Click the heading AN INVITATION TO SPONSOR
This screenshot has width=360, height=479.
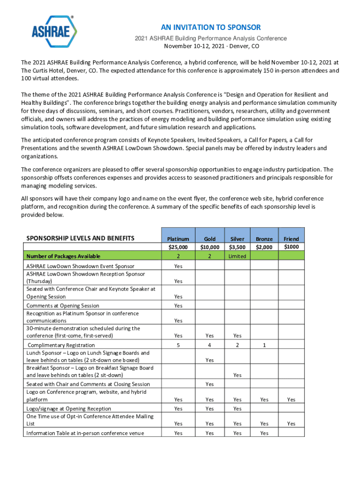click(211, 27)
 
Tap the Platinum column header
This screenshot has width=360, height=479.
click(178, 239)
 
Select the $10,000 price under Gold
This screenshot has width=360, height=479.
click(209, 247)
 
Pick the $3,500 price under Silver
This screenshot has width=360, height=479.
click(238, 247)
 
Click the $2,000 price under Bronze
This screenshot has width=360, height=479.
click(264, 247)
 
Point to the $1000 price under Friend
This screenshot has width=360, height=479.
click(291, 247)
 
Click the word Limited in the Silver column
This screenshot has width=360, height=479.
click(238, 256)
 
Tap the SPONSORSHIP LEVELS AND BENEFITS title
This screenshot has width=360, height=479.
click(80, 239)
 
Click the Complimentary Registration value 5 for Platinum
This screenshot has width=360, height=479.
click(178, 345)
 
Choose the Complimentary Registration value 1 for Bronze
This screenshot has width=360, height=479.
click(264, 345)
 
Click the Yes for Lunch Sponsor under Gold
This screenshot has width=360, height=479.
click(209, 360)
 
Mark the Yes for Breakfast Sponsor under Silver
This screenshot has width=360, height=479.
click(238, 375)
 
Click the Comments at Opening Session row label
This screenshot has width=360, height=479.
click(63, 305)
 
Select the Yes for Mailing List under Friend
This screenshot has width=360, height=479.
click(291, 423)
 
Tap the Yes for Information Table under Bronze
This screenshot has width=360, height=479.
click(264, 433)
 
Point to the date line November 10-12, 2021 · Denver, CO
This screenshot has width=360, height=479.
click(211, 46)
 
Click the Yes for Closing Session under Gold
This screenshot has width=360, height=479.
click(209, 384)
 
